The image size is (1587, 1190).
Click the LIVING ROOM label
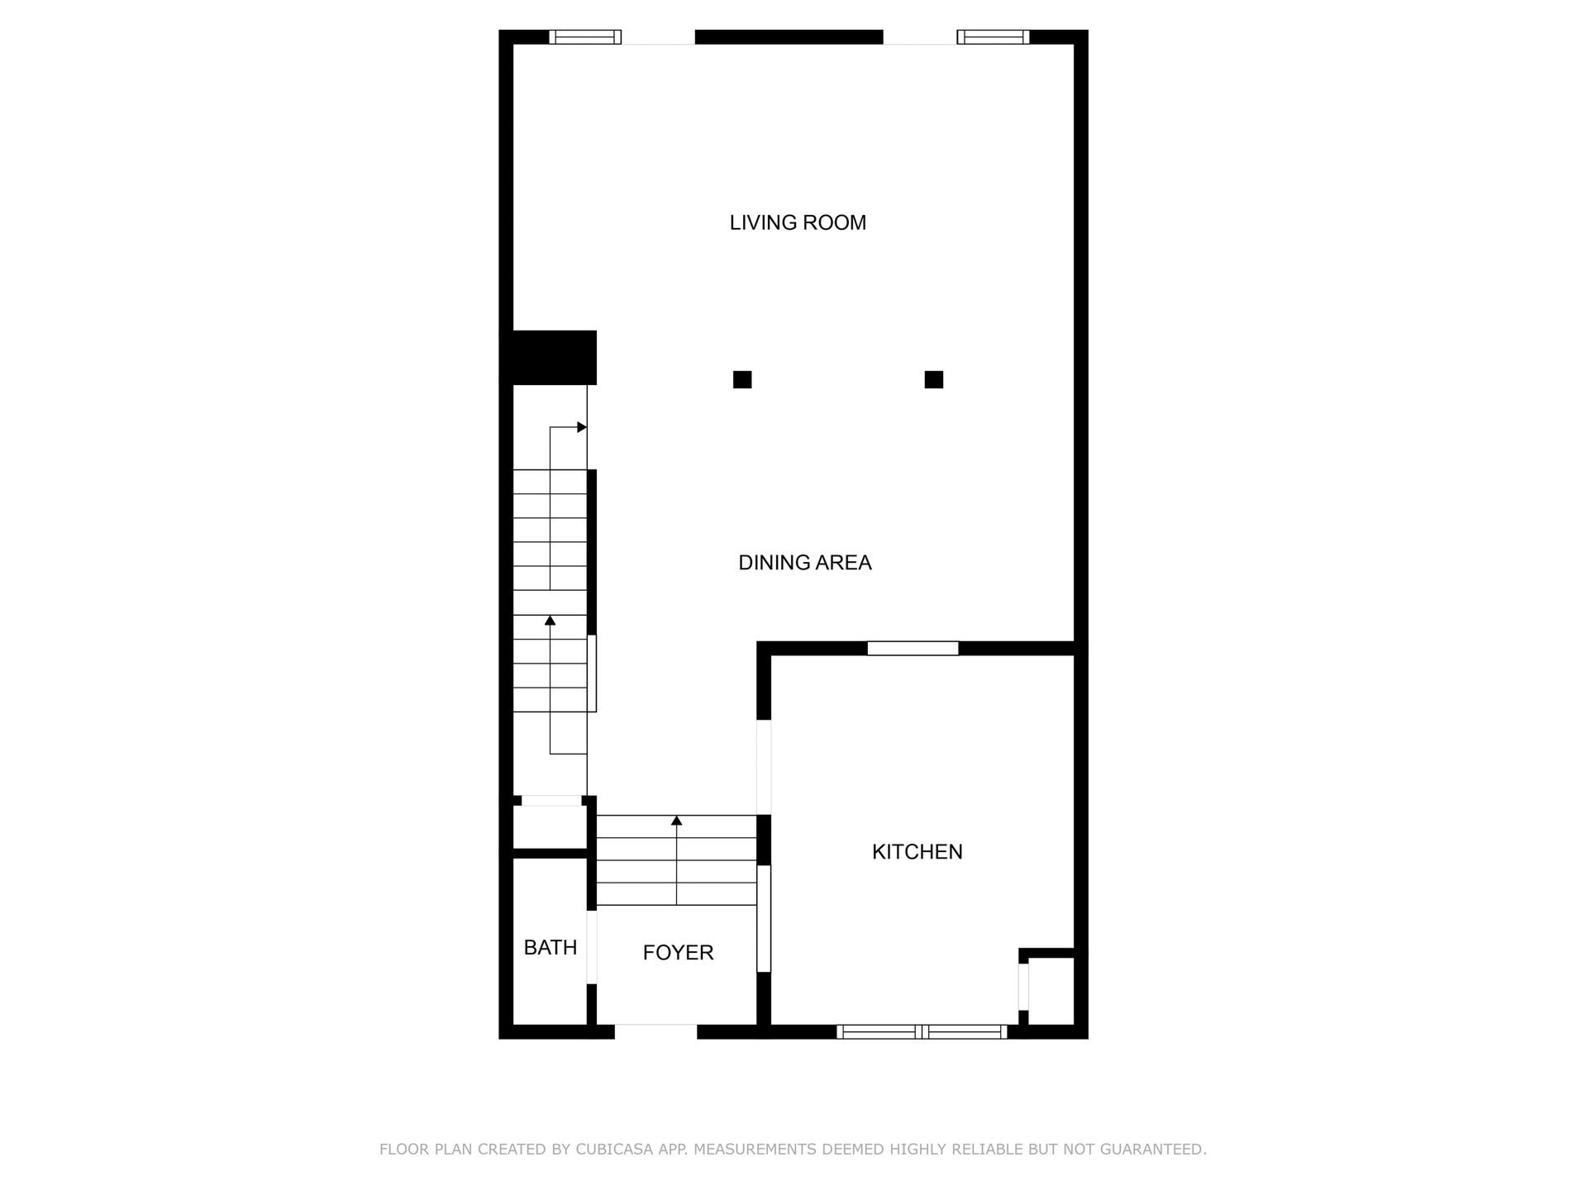pyautogui.click(x=798, y=222)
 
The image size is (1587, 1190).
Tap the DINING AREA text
pyautogui.click(x=805, y=563)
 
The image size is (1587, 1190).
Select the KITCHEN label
pyautogui.click(x=917, y=852)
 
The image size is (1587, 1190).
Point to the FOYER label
pyautogui.click(x=678, y=953)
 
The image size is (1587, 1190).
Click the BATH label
pyautogui.click(x=550, y=948)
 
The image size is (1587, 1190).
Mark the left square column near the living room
pyautogui.click(x=742, y=379)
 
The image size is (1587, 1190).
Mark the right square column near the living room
pyautogui.click(x=934, y=379)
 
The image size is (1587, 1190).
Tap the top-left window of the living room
pyautogui.click(x=585, y=36)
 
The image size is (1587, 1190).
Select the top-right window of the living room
pyautogui.click(x=994, y=36)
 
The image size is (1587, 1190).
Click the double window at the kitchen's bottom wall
pyautogui.click(x=922, y=1031)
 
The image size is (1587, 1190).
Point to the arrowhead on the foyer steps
pyautogui.click(x=677, y=821)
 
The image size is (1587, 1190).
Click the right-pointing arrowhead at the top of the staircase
pyautogui.click(x=582, y=427)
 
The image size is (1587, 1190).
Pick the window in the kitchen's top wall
pyautogui.click(x=913, y=649)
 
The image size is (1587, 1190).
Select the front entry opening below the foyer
pyautogui.click(x=656, y=1031)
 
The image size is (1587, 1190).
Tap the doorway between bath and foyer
pyautogui.click(x=592, y=947)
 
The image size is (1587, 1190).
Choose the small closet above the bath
pyautogui.click(x=550, y=826)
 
